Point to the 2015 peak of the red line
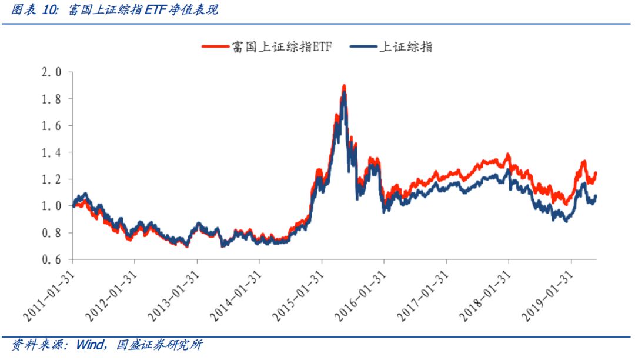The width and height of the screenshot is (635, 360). pyautogui.click(x=344, y=86)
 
